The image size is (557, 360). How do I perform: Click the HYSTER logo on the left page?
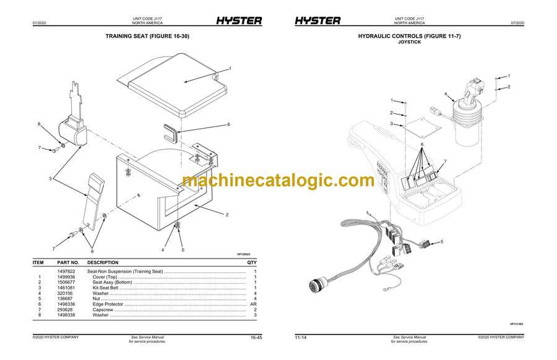click(238, 20)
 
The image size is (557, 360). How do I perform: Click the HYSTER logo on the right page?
click(317, 20)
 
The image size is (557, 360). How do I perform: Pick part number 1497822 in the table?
click(66, 271)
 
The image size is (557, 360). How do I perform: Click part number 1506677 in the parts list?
click(66, 282)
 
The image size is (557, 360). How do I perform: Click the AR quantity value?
click(253, 304)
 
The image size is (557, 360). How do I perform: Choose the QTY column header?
click(252, 262)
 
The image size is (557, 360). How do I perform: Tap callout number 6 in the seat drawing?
click(228, 124)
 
